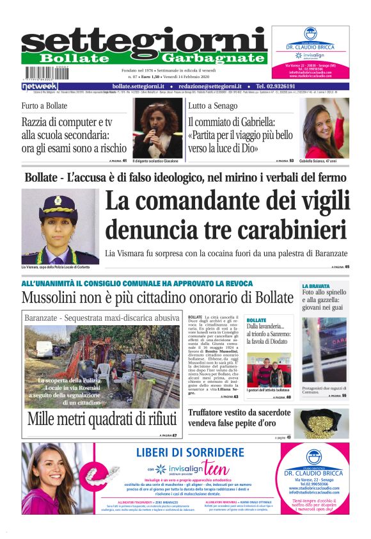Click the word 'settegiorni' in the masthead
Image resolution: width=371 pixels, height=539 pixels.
click(x=144, y=43)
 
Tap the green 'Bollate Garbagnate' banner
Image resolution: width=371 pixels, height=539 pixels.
click(x=144, y=58)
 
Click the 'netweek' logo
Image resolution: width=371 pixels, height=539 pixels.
click(x=40, y=86)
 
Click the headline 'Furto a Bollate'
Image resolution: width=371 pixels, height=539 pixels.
click(x=44, y=106)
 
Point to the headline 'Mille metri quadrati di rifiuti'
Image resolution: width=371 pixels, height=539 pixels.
click(x=102, y=420)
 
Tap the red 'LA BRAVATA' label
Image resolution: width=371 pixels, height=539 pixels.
click(x=315, y=286)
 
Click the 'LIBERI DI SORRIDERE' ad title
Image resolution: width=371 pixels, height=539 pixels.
click(x=190, y=453)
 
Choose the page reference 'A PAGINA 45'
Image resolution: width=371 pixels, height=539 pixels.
click(x=340, y=267)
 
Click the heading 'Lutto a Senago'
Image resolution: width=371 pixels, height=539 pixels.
click(x=212, y=106)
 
